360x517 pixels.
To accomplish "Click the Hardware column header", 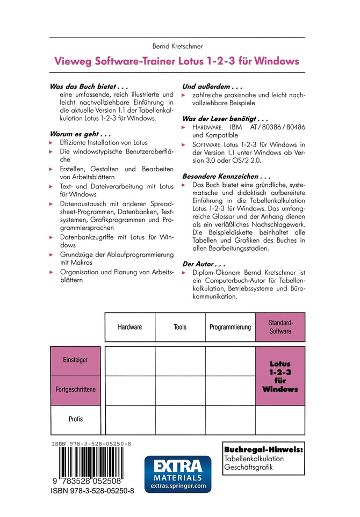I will click(129, 327).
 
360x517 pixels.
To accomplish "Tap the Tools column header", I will click(180, 327).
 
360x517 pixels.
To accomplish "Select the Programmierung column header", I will click(230, 327).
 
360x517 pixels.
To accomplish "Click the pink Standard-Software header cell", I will click(280, 327).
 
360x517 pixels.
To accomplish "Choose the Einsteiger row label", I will click(75, 360).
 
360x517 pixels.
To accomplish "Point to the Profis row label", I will click(75, 419).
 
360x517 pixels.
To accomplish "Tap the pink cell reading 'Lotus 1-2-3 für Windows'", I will click(280, 376).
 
